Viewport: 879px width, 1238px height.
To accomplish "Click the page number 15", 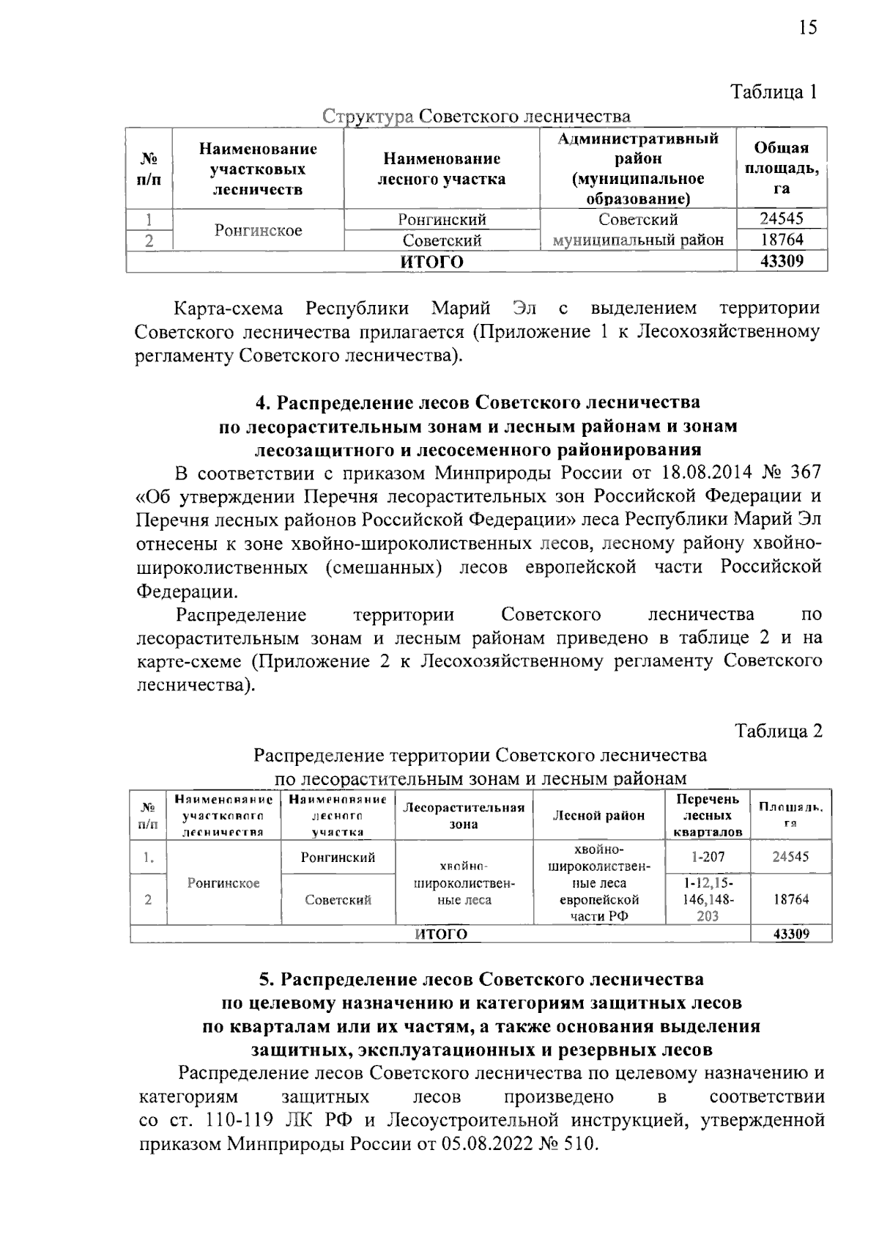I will click(806, 28).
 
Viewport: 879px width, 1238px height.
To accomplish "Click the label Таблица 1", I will click(774, 92).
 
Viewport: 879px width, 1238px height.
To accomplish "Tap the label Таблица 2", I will click(779, 732).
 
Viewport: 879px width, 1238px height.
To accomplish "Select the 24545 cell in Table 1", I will click(782, 219).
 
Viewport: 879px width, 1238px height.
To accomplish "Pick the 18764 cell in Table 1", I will click(782, 240).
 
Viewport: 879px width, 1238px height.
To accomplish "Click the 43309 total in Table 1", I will click(782, 261).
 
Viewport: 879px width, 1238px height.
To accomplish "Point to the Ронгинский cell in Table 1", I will click(442, 219).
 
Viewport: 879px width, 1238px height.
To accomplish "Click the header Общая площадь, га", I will click(782, 169).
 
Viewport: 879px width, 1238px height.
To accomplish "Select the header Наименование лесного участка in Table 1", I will click(442, 169).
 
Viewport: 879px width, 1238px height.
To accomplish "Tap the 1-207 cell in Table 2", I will click(708, 856).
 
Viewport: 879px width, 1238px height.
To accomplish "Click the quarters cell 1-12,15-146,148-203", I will click(708, 899).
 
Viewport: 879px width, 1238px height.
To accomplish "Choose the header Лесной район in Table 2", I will click(598, 816).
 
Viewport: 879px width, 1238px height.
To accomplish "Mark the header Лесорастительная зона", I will click(464, 816).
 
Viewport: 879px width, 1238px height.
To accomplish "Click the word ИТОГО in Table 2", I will click(441, 934).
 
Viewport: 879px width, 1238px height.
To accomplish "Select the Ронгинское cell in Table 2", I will click(223, 883).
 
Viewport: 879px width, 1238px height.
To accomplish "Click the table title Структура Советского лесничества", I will click(477, 117).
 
